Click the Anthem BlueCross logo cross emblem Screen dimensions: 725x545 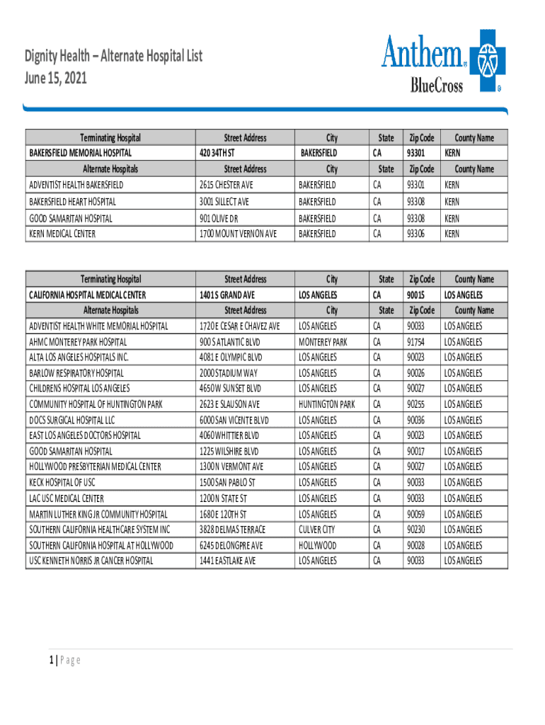[x=486, y=61]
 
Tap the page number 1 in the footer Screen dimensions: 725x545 [x=52, y=661]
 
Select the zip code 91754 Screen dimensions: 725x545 [x=415, y=342]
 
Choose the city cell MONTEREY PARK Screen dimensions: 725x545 [x=323, y=342]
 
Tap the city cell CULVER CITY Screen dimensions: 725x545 [x=317, y=530]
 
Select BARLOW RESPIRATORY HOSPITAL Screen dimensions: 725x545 [x=76, y=373]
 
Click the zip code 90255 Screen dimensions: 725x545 [x=415, y=404]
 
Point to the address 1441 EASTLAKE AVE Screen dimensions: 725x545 [x=227, y=561]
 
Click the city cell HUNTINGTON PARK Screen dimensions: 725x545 [x=327, y=404]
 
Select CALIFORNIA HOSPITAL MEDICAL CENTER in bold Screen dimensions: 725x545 [x=87, y=295]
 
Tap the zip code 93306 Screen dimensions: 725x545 [x=415, y=234]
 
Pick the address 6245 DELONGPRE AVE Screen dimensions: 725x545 [x=231, y=545]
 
